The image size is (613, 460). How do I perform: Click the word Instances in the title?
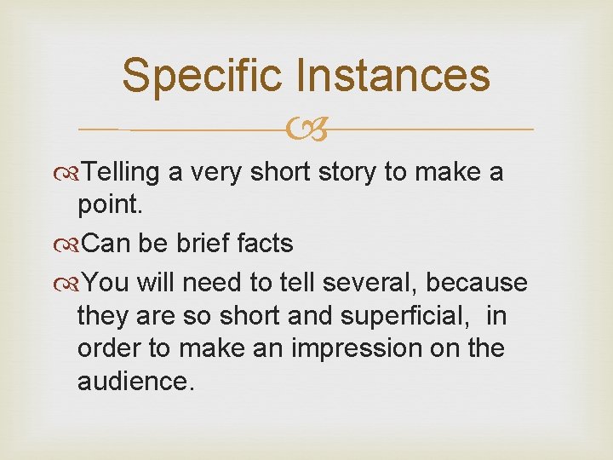click(392, 75)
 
